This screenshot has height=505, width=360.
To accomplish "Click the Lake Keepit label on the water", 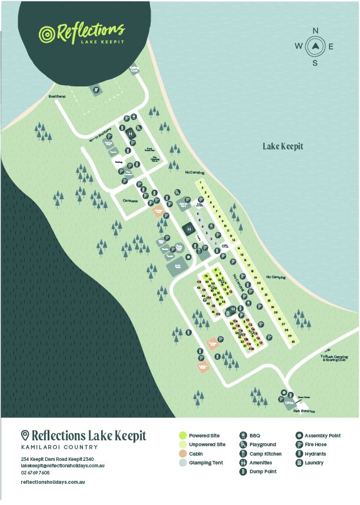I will [x=282, y=146].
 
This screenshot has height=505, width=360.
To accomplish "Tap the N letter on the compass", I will [x=315, y=31].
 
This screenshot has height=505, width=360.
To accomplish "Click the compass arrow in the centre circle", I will [x=315, y=46].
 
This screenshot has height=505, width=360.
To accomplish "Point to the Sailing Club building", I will [x=134, y=69].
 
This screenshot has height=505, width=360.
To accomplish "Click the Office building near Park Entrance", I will [x=289, y=403].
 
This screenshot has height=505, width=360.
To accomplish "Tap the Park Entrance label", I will [x=304, y=410].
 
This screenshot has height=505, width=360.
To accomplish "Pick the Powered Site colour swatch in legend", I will [x=183, y=436].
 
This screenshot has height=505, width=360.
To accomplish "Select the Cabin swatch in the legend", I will [x=183, y=454].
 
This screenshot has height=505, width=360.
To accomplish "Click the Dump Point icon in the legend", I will [x=244, y=471].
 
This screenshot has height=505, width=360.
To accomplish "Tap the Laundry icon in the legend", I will [x=299, y=463].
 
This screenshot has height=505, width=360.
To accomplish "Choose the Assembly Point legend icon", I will [x=299, y=436].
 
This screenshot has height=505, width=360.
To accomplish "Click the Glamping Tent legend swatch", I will [x=183, y=463].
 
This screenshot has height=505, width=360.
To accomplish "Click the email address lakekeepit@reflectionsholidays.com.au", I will [x=62, y=465].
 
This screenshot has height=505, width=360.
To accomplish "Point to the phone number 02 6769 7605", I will [x=35, y=472].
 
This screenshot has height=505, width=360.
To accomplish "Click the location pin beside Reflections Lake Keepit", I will [x=25, y=436].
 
